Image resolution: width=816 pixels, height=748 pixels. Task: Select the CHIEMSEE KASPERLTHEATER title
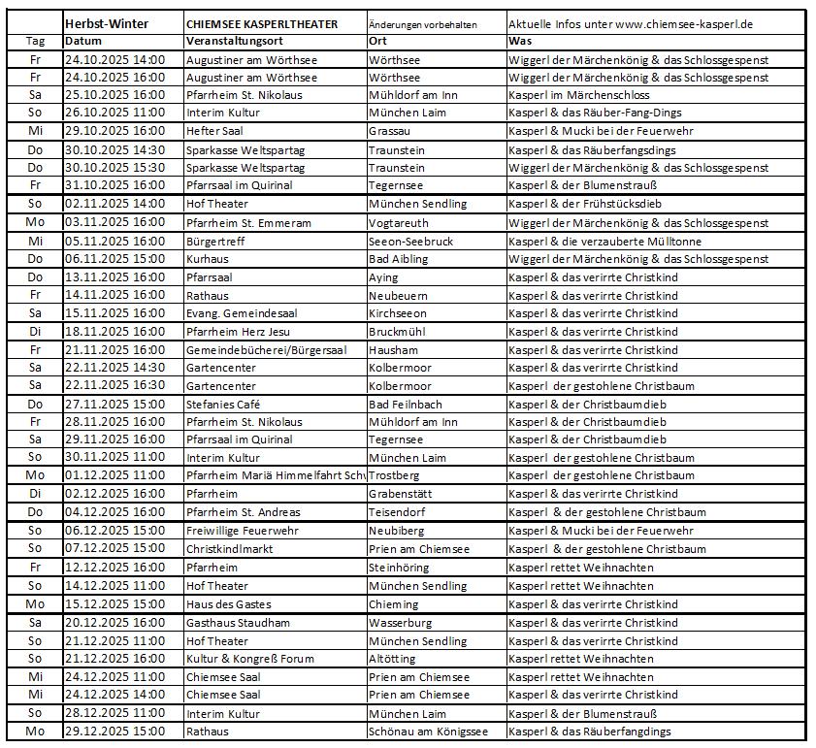pyautogui.click(x=261, y=23)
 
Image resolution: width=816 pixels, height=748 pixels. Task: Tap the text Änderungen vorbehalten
pyautogui.click(x=422, y=23)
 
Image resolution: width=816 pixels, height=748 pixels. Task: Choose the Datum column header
pyautogui.click(x=82, y=41)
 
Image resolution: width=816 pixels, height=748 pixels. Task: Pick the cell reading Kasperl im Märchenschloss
pyautogui.click(x=579, y=95)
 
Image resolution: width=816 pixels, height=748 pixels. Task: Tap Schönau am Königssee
pyautogui.click(x=428, y=731)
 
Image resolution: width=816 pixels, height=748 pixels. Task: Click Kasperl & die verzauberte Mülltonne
pyautogui.click(x=604, y=241)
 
